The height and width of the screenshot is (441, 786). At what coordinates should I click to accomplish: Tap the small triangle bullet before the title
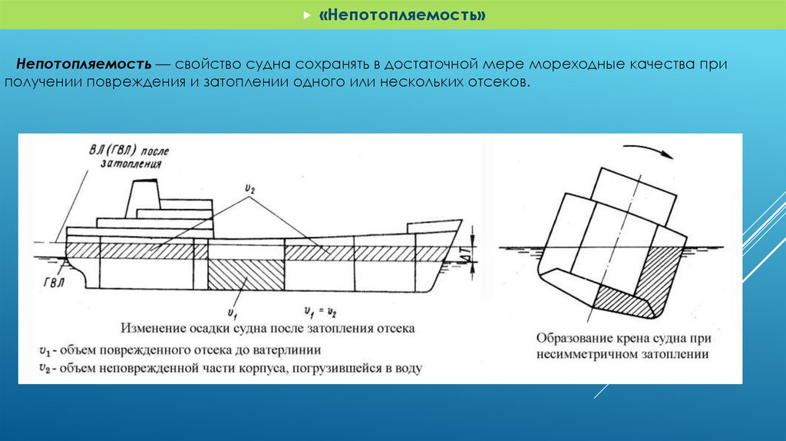pyautogui.click(x=307, y=16)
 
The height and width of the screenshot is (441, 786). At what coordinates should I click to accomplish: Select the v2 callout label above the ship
pyautogui.click(x=249, y=188)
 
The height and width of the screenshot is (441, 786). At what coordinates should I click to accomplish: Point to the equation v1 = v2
pyautogui.click(x=322, y=311)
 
